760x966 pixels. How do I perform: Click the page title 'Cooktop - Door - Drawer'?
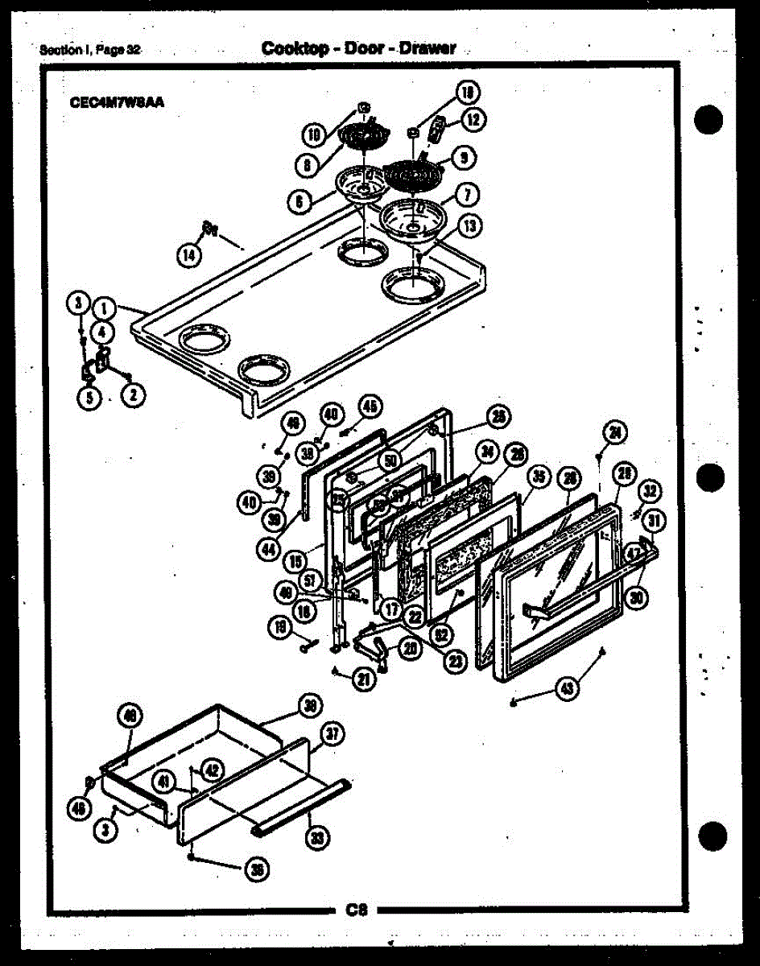358,48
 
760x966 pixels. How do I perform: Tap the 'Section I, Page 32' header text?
90,50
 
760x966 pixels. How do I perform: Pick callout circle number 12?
472,121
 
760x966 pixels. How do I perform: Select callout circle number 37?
331,733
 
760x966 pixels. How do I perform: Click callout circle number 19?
280,629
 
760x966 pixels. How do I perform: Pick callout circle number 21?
364,679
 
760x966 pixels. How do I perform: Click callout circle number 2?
134,394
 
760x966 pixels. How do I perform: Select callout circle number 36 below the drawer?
258,869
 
